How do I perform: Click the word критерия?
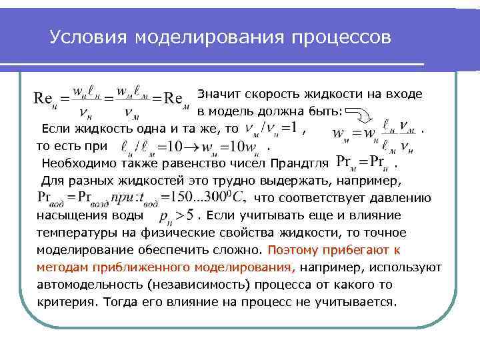click(64, 301)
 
